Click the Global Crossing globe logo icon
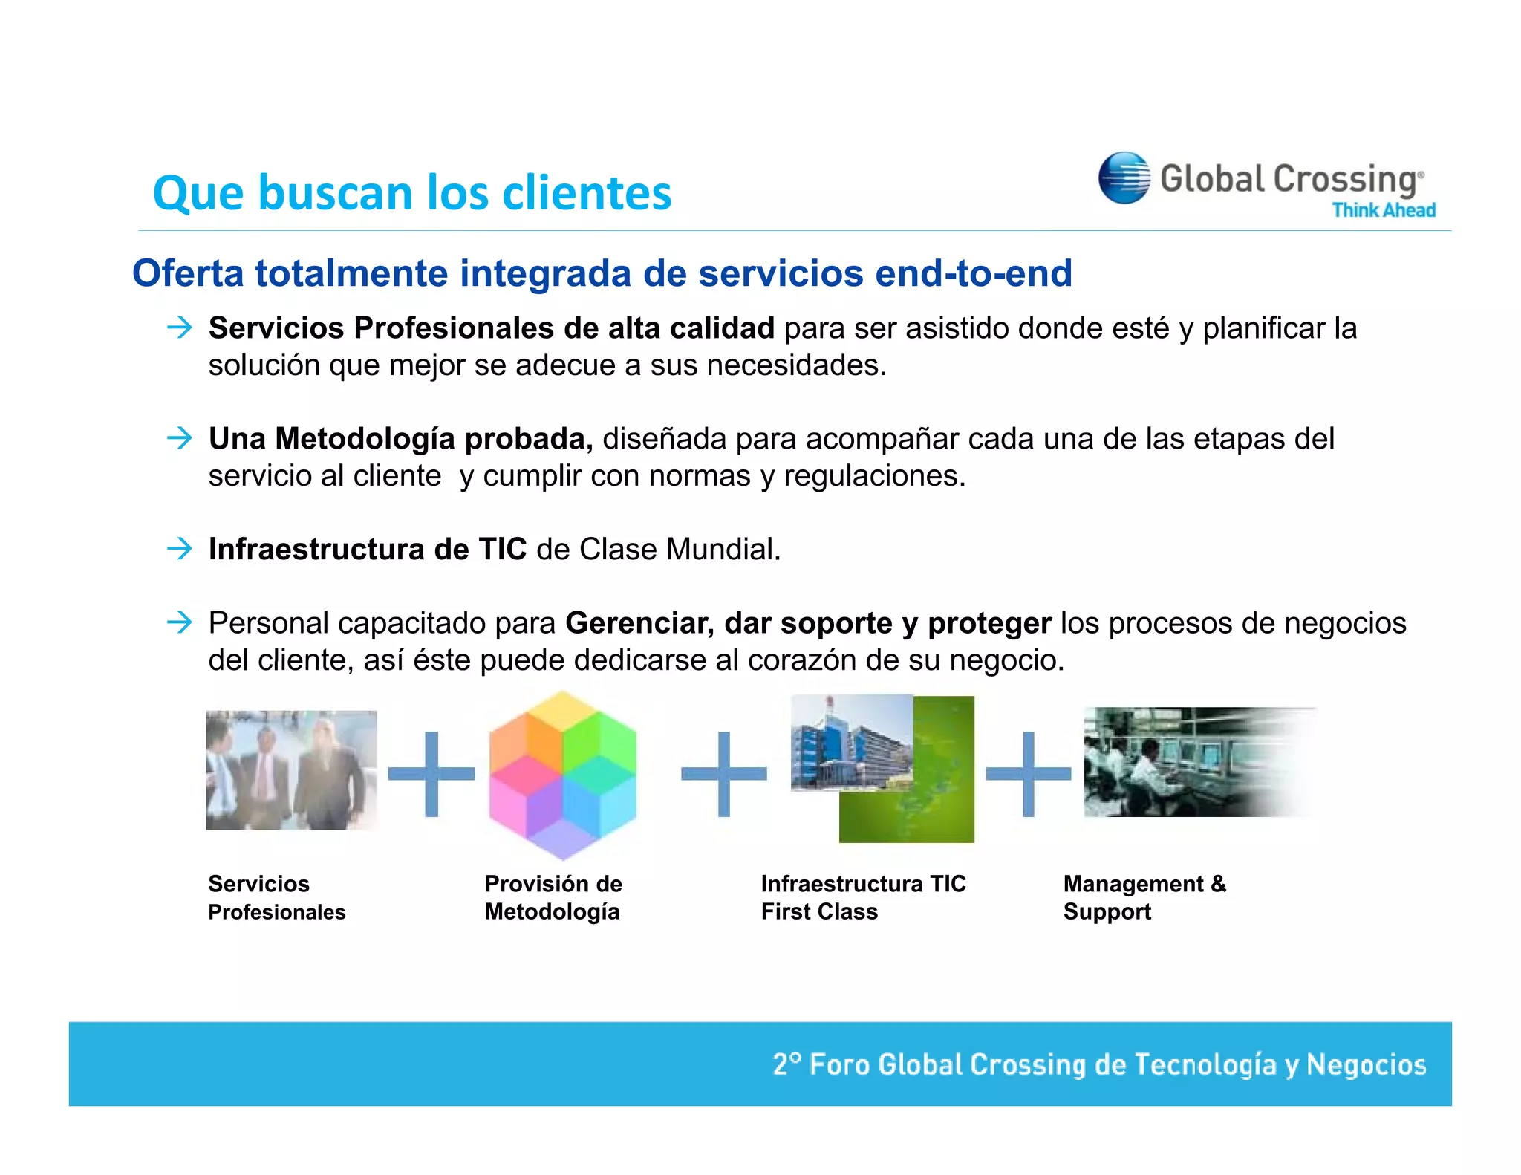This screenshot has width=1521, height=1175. click(x=1124, y=178)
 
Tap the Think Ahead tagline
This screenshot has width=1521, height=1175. click(x=1383, y=210)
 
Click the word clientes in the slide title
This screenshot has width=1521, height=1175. click(x=586, y=193)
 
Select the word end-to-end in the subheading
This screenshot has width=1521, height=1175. click(x=973, y=273)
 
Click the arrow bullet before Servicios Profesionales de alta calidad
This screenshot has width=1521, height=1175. click(x=180, y=328)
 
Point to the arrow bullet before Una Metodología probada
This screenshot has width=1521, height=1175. click(x=180, y=438)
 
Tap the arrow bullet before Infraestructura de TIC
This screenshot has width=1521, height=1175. click(x=180, y=549)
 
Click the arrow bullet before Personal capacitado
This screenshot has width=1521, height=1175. click(x=180, y=622)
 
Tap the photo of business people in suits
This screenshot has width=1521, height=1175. click(x=290, y=770)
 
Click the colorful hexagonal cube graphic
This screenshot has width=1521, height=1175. click(x=562, y=775)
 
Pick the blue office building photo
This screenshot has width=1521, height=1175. click(x=850, y=743)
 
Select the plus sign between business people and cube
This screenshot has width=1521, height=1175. click(x=431, y=774)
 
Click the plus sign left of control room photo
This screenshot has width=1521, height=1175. click(x=1029, y=774)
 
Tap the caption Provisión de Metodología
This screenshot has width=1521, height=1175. click(x=553, y=897)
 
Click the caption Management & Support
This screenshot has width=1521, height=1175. click(x=1144, y=897)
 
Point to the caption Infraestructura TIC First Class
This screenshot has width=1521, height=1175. click(x=862, y=897)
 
